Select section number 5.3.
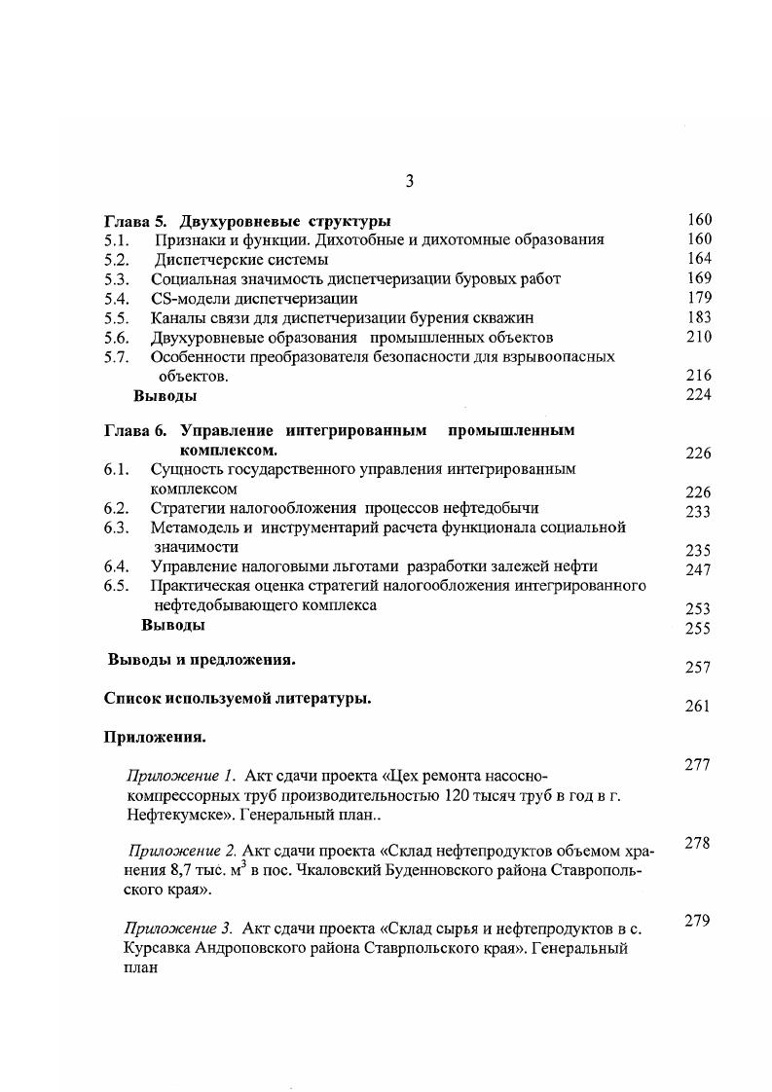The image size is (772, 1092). coord(116,278)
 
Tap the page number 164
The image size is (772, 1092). coord(698,259)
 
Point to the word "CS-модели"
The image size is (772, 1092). coord(190,298)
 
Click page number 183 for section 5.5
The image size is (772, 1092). coord(698,317)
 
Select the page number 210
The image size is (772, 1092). coord(698,337)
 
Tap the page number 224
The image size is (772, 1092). coord(698,395)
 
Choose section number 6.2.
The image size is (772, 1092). coord(116,508)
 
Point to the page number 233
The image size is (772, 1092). coord(698,512)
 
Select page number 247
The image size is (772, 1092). coord(698,570)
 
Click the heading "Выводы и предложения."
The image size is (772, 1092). coord(202,660)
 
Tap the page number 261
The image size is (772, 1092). coord(698,707)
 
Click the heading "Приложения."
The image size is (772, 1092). coord(155,737)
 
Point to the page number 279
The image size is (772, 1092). coord(698,921)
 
